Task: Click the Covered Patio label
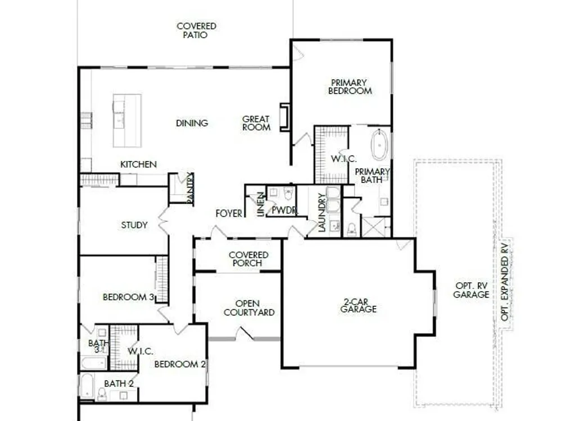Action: click(196, 30)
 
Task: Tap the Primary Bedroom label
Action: click(350, 87)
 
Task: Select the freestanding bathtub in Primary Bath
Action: click(379, 145)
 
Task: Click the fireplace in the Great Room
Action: click(285, 117)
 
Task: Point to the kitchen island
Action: click(127, 121)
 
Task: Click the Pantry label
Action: click(190, 188)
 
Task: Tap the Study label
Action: click(134, 225)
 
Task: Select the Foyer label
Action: click(229, 214)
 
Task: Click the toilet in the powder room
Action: click(288, 193)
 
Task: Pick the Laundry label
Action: click(321, 212)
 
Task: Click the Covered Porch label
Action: click(248, 259)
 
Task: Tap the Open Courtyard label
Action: click(249, 308)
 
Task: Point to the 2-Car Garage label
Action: click(359, 305)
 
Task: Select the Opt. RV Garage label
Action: click(472, 290)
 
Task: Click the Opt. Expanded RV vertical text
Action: click(505, 282)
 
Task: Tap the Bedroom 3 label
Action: click(128, 297)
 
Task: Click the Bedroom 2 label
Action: click(180, 364)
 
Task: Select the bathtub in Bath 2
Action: click(87, 386)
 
